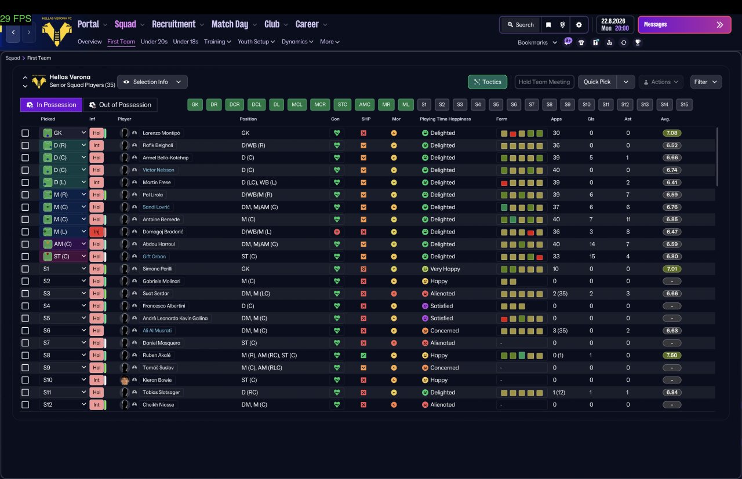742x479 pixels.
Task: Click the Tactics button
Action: coord(488,82)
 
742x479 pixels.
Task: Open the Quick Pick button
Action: coord(596,82)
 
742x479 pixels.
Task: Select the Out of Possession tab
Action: coord(120,105)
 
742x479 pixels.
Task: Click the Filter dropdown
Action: coord(705,82)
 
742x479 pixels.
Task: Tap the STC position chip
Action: coord(343,105)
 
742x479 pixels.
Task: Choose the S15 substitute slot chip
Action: coord(684,105)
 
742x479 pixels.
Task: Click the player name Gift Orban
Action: coord(154,257)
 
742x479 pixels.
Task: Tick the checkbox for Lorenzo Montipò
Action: coord(26,133)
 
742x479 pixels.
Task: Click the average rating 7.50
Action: coord(672,356)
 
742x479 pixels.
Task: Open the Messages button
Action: coord(684,25)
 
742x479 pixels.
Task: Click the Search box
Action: coord(520,25)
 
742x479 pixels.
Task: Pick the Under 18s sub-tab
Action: coord(185,42)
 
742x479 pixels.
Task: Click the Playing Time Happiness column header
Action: coord(445,119)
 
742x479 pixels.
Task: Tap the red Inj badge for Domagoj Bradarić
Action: coord(96,232)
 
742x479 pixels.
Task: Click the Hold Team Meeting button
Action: coord(544,82)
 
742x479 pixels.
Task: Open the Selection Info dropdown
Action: coord(152,82)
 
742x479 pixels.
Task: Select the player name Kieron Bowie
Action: coord(157,380)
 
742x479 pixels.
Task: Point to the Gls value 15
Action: coord(591,257)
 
